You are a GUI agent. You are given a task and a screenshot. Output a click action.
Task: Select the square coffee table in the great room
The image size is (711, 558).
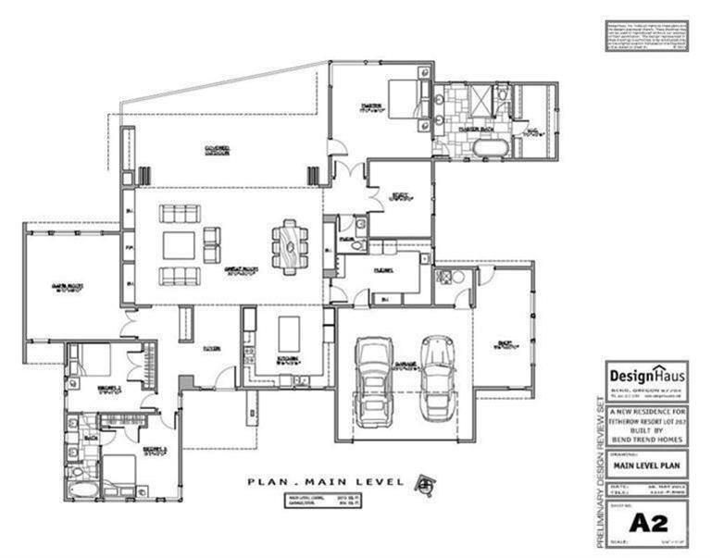click(179, 245)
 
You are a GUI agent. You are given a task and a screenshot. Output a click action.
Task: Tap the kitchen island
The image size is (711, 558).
click(290, 330)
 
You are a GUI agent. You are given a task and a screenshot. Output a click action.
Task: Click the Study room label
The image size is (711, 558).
click(399, 195)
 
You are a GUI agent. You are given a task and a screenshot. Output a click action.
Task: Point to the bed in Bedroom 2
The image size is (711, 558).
click(94, 358)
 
